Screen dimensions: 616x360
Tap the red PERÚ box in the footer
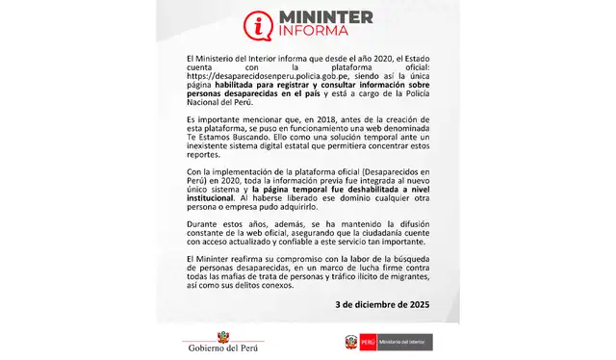370,342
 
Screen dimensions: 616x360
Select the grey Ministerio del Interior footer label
403,342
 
